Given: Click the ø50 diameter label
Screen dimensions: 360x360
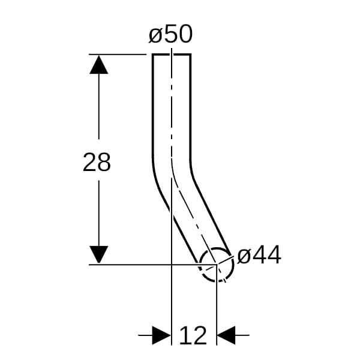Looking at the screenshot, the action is [170, 34].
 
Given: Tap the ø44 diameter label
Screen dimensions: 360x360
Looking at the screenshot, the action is [259, 255].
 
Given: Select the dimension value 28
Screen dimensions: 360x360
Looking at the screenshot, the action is [97, 162].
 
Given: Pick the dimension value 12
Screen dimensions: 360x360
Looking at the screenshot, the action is [193, 335].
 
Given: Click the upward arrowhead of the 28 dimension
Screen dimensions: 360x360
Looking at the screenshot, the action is [99, 65].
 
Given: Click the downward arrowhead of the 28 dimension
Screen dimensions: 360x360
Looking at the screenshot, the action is [99, 254].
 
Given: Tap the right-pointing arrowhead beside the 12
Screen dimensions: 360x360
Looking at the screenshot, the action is [161, 335].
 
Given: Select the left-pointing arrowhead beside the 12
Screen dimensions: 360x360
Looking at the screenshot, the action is [226, 335].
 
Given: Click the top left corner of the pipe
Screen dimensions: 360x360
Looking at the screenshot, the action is [152, 55].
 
